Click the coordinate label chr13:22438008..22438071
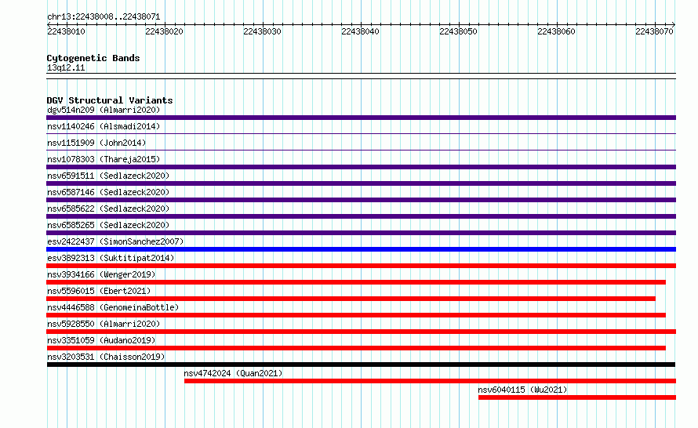click(x=104, y=16)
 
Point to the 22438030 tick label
click(x=262, y=31)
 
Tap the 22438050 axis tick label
click(x=458, y=31)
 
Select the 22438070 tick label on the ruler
click(x=654, y=31)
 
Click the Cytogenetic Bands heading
click(x=93, y=58)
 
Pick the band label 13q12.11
click(x=66, y=67)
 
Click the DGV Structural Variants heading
click(x=110, y=100)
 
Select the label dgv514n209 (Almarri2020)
click(x=104, y=110)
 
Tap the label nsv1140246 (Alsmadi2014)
click(x=104, y=126)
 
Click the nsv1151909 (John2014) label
click(x=96, y=143)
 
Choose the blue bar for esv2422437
click(x=361, y=249)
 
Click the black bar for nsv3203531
click(x=361, y=365)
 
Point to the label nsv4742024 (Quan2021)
click(x=233, y=373)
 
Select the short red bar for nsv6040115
click(x=577, y=397)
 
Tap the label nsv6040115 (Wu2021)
click(x=522, y=390)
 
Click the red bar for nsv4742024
click(x=430, y=381)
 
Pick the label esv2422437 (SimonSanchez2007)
click(x=115, y=241)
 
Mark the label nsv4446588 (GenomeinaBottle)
click(x=113, y=307)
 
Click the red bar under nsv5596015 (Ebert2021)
click(x=351, y=299)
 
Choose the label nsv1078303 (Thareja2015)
click(x=104, y=159)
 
